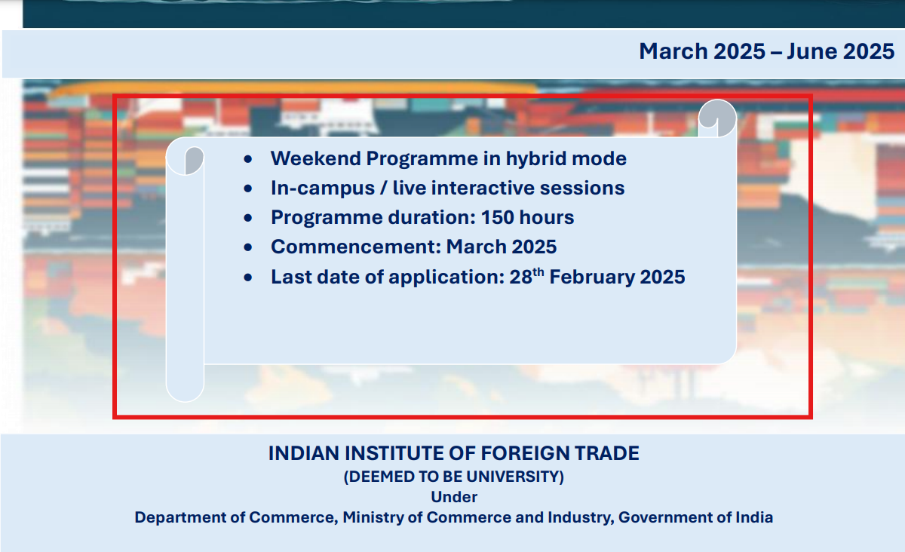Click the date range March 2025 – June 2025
(766, 51)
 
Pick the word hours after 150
(548, 217)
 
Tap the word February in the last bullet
(592, 277)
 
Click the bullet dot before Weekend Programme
(248, 159)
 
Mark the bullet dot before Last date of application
(248, 278)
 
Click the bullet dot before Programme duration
(248, 218)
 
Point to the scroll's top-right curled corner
(716, 117)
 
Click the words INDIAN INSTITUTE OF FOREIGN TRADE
(453, 453)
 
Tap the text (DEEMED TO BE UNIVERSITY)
(453, 477)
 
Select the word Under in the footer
(454, 497)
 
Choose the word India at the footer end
(754, 517)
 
